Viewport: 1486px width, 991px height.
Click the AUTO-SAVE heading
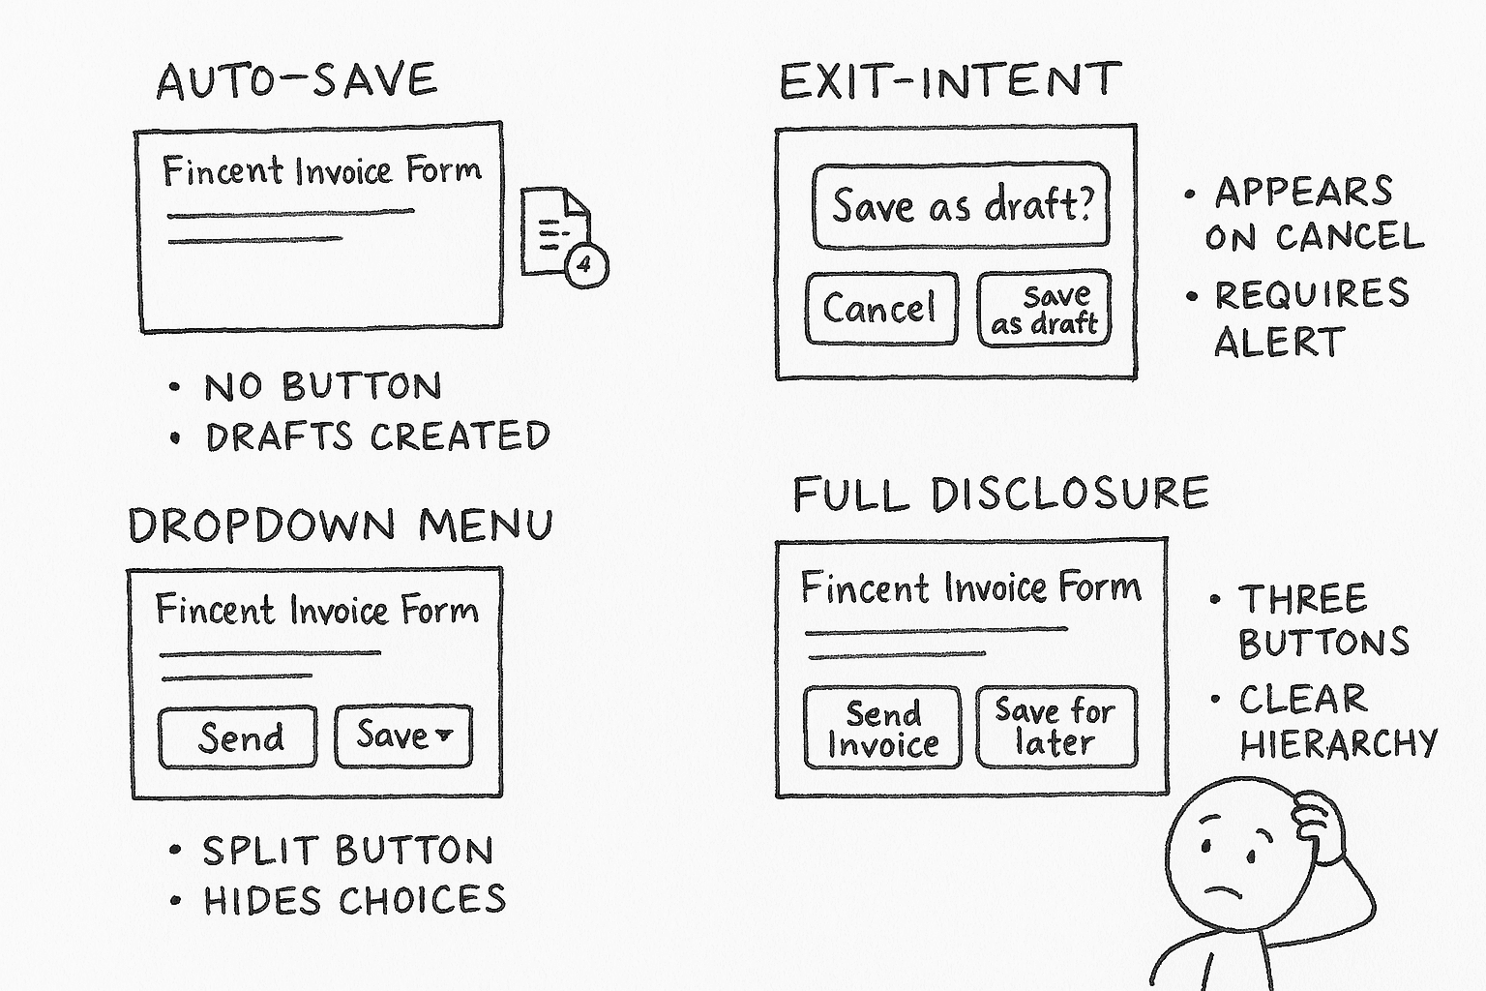point(297,81)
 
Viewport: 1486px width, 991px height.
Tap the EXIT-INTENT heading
point(950,81)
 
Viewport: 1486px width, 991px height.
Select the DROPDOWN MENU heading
point(341,526)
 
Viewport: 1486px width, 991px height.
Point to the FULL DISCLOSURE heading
point(1000,494)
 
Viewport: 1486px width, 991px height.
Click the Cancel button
point(880,309)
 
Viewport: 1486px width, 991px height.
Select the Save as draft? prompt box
point(961,205)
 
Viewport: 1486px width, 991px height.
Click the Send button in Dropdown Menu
point(239,737)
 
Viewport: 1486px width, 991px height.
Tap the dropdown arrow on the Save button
point(444,735)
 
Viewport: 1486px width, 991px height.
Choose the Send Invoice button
point(882,729)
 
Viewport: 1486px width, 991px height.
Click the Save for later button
point(1055,727)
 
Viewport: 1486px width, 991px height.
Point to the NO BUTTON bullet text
point(322,387)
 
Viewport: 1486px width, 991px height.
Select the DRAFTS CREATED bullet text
point(377,436)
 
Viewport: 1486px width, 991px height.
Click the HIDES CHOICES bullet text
point(354,900)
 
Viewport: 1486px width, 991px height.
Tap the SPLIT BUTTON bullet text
point(347,851)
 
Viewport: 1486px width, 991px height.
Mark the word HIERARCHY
point(1339,743)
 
